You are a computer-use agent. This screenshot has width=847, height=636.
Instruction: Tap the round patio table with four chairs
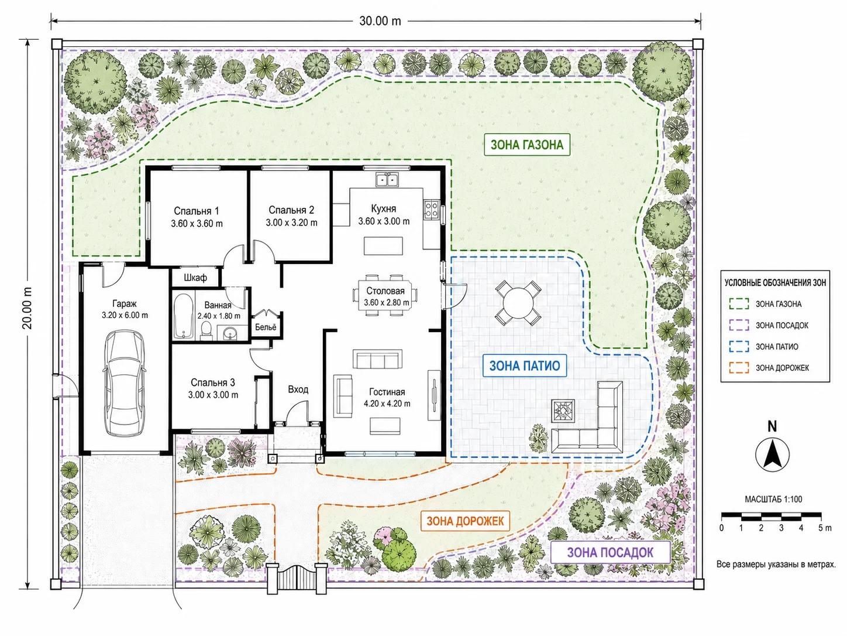pyautogui.click(x=518, y=303)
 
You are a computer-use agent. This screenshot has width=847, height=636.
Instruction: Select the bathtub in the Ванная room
pyautogui.click(x=183, y=317)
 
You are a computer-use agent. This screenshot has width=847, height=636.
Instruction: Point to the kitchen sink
pyautogui.click(x=387, y=180)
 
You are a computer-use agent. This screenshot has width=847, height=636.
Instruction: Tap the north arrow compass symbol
pyautogui.click(x=772, y=454)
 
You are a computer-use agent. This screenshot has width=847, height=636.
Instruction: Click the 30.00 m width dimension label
pyautogui.click(x=380, y=21)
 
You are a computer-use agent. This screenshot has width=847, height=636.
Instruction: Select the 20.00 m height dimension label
pyautogui.click(x=27, y=308)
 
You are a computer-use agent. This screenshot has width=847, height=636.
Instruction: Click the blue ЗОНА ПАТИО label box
pyautogui.click(x=525, y=365)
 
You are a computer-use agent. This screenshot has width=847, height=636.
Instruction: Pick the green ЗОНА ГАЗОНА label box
pyautogui.click(x=527, y=145)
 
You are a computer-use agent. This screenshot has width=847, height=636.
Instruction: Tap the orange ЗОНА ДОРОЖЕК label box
pyautogui.click(x=465, y=521)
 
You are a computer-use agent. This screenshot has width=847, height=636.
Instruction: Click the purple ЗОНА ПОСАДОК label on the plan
pyautogui.click(x=611, y=553)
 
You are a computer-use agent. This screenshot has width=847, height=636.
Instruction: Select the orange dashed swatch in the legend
pyautogui.click(x=739, y=368)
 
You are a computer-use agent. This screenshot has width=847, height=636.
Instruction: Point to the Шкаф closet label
pyautogui.click(x=195, y=278)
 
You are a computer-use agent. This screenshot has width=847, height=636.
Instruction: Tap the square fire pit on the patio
pyautogui.click(x=563, y=411)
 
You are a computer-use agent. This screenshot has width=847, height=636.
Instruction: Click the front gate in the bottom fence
pyautogui.click(x=297, y=577)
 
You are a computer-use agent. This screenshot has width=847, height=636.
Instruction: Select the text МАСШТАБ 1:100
pyautogui.click(x=773, y=499)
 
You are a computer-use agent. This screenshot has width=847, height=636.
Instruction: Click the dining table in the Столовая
pyautogui.click(x=385, y=295)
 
